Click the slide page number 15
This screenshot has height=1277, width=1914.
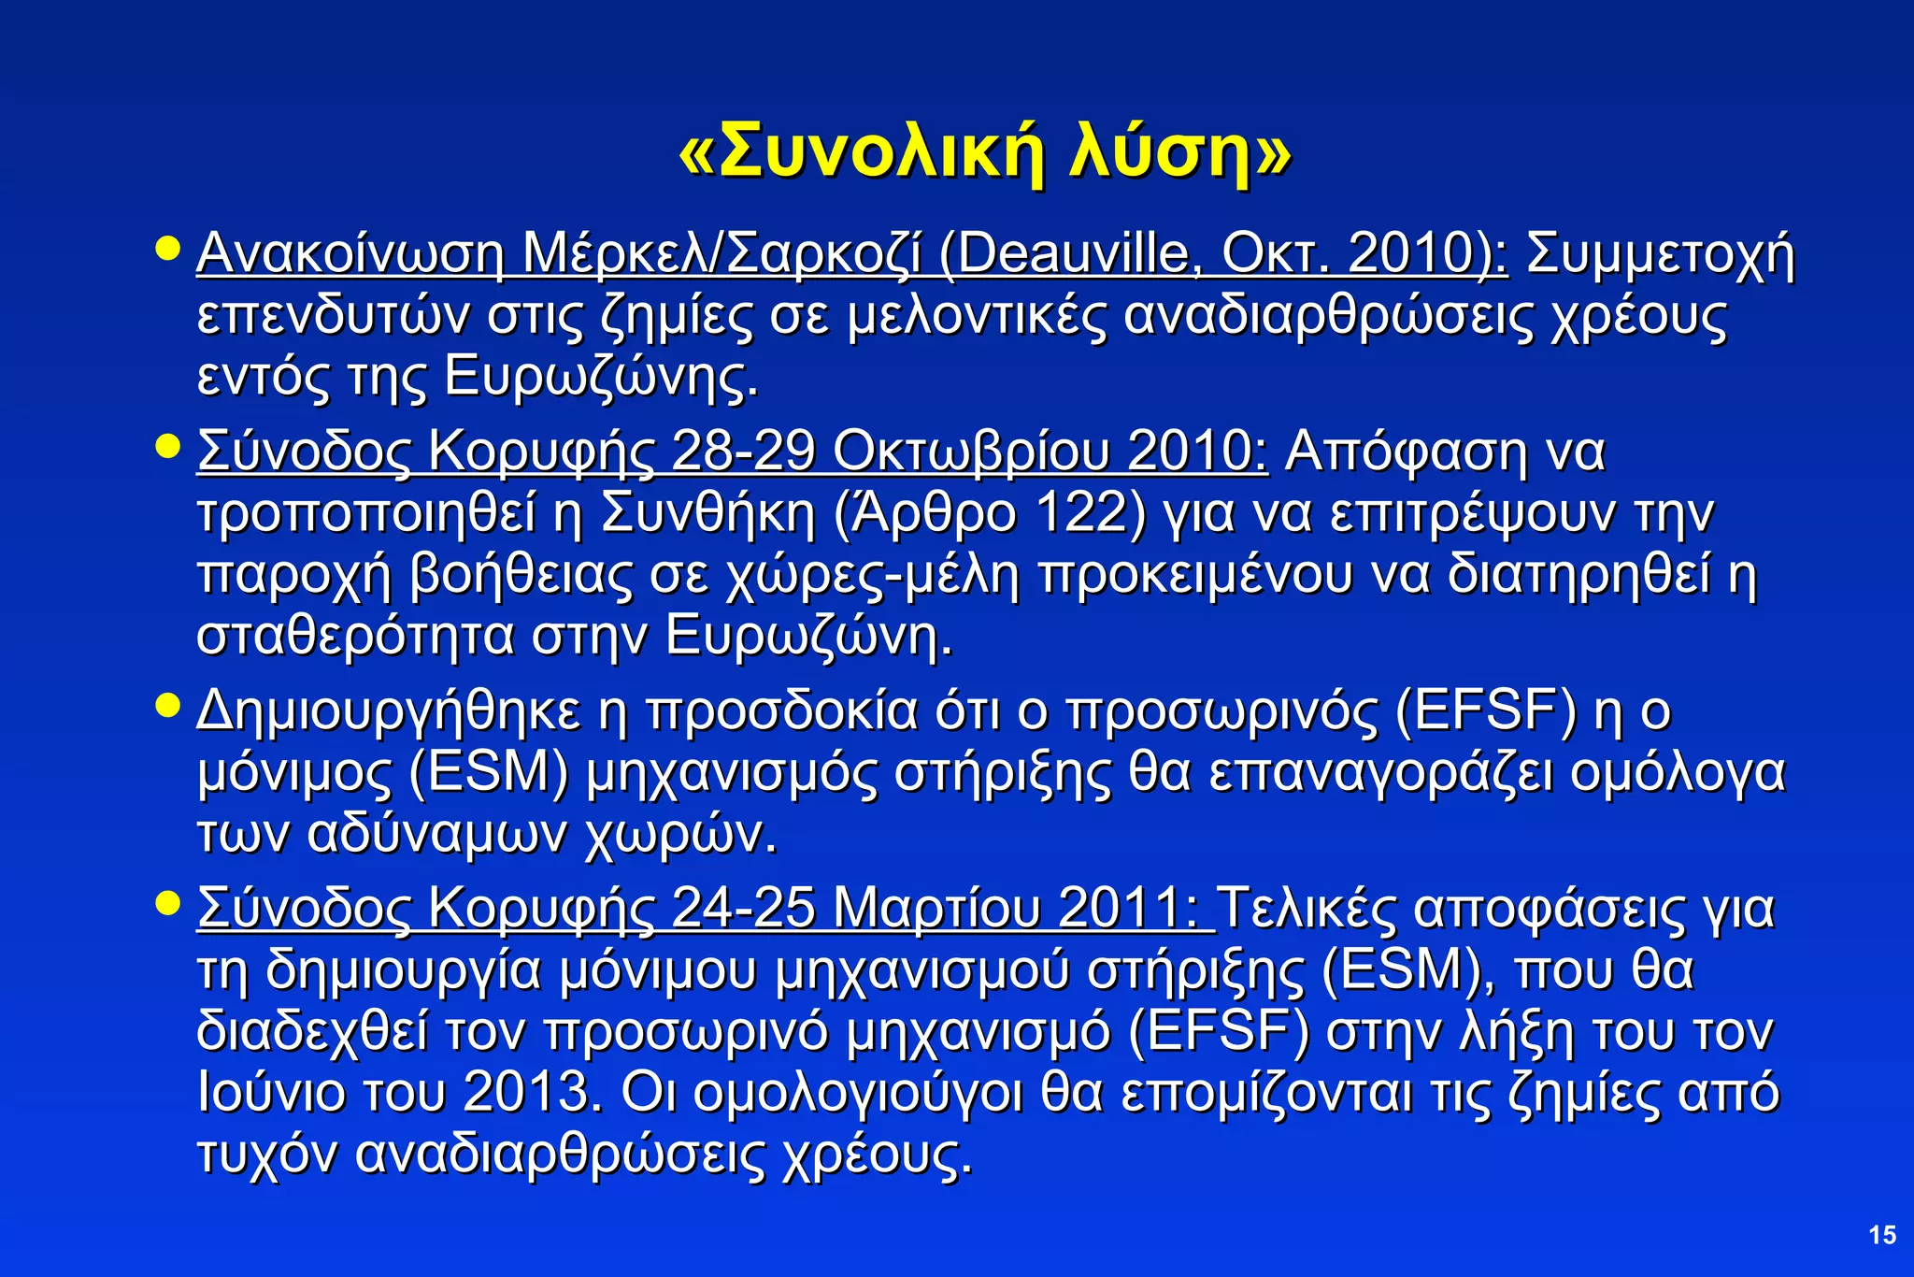[1882, 1235]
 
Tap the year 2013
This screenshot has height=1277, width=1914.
[532, 1091]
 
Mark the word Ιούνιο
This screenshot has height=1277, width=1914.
[272, 1091]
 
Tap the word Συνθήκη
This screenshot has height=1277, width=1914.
[709, 513]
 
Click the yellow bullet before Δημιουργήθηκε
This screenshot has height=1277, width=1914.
[167, 704]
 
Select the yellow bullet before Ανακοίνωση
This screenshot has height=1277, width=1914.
[167, 248]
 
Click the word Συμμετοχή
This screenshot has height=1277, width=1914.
[1660, 253]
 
